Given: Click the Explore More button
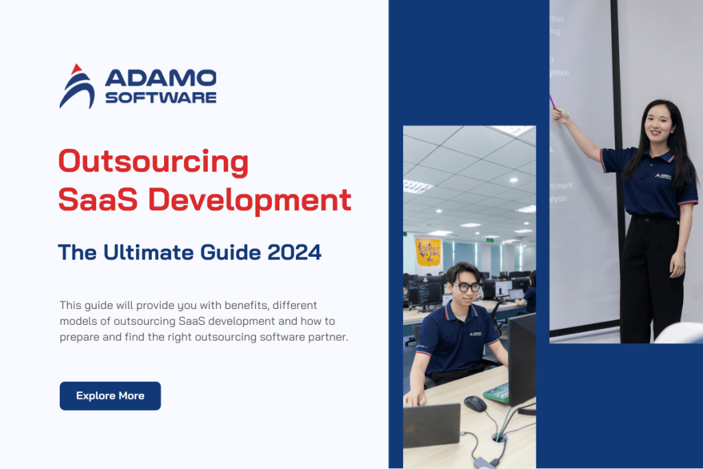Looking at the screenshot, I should (x=110, y=396).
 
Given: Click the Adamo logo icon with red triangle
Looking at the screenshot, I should (x=77, y=87).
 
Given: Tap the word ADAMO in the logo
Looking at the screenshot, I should (x=161, y=78).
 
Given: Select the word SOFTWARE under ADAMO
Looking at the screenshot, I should (x=161, y=98).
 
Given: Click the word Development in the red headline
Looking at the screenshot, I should (x=250, y=200).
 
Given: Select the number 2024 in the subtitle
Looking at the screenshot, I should (x=295, y=253).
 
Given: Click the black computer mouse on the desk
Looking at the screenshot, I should (x=475, y=404).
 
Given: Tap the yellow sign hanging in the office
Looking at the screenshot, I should (x=428, y=251).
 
